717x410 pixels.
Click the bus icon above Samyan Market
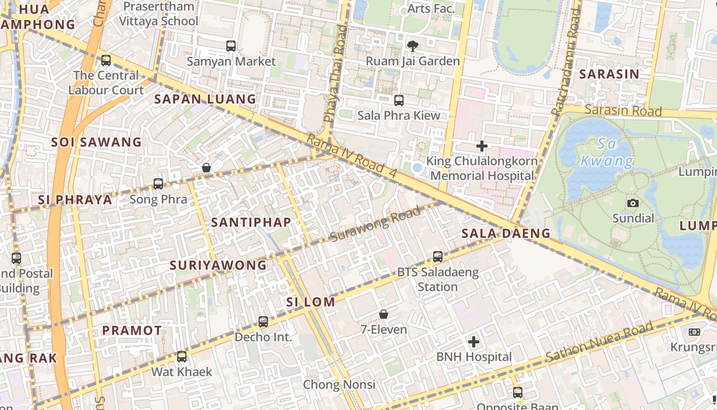coord(231,46)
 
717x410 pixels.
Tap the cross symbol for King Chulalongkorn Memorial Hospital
coord(481,147)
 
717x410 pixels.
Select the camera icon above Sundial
coord(633,203)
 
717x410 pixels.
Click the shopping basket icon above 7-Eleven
coord(384,314)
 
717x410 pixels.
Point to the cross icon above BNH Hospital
coord(474,341)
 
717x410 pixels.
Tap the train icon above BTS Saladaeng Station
coord(438,257)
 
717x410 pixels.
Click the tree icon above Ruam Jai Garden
coord(412,46)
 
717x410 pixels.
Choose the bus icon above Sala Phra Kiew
coord(399,100)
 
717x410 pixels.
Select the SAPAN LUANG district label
coord(205,99)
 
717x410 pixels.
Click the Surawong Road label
coord(375,224)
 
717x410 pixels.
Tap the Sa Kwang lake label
coord(606,153)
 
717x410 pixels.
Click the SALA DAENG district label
coord(505,234)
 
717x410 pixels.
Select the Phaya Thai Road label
coord(334,74)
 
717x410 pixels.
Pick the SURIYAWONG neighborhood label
coord(218,265)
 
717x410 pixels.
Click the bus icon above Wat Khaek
coord(182,357)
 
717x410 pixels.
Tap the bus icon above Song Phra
coord(158,184)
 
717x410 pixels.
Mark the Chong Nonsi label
coord(339,384)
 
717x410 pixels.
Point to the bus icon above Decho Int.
coord(263,322)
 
